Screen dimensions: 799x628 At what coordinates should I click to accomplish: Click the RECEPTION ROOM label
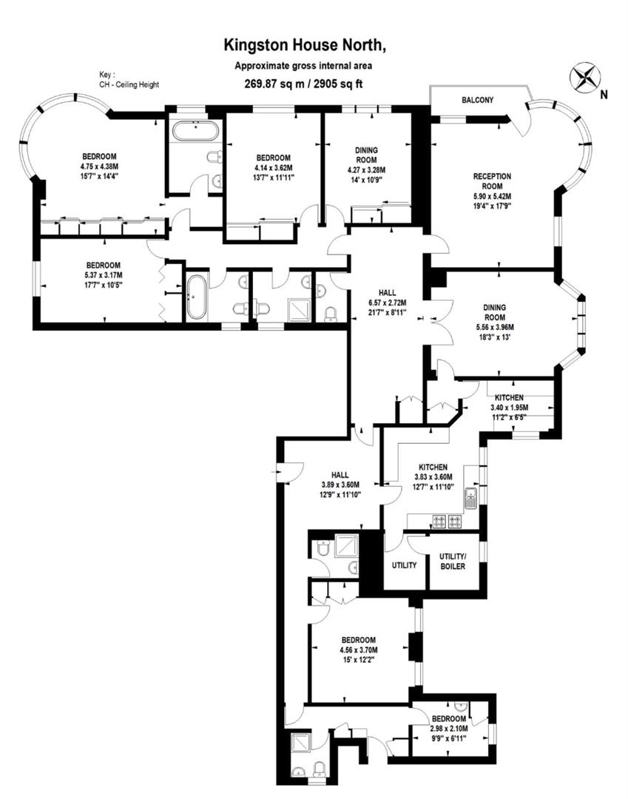click(492, 181)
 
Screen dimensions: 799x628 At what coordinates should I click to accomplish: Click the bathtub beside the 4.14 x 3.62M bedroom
click(194, 132)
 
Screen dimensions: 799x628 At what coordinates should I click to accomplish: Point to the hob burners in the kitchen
click(445, 521)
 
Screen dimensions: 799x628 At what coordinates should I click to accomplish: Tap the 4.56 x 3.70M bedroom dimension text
click(358, 650)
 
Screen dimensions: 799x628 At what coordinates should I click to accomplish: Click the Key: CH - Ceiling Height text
click(129, 80)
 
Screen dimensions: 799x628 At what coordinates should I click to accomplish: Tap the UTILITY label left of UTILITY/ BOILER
click(404, 565)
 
